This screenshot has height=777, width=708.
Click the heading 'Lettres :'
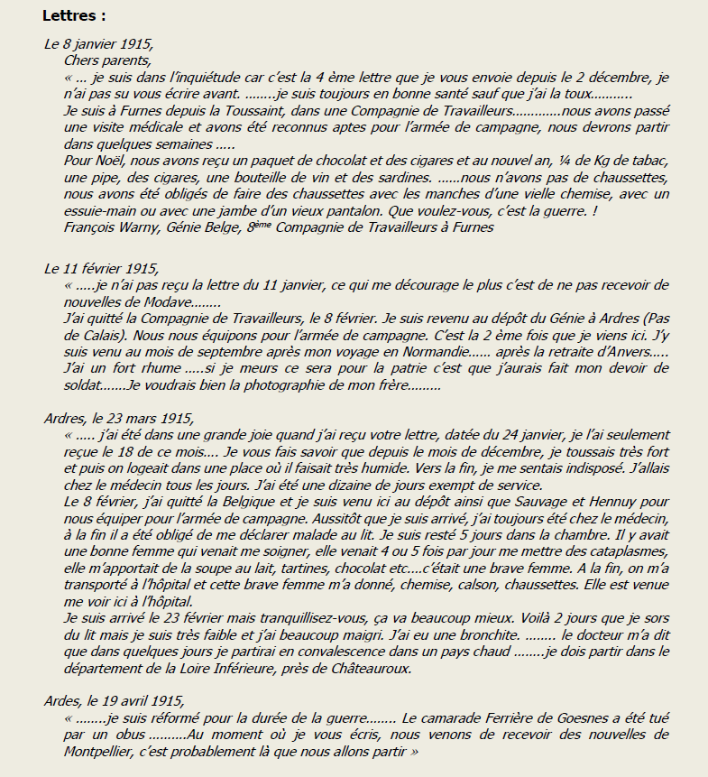point(74,15)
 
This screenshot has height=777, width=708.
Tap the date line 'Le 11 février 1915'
point(102,268)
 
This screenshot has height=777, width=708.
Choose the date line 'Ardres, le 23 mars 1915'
point(118,419)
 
